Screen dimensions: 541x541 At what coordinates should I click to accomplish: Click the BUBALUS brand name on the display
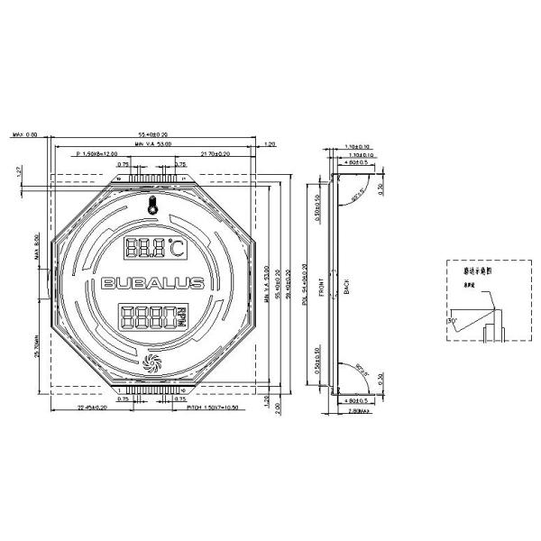click(152, 283)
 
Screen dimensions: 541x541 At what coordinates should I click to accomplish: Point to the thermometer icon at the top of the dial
click(152, 206)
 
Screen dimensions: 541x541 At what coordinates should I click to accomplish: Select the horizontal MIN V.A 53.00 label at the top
click(152, 143)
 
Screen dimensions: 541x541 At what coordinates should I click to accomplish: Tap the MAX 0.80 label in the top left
click(24, 134)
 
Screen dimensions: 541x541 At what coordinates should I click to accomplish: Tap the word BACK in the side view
click(346, 288)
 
